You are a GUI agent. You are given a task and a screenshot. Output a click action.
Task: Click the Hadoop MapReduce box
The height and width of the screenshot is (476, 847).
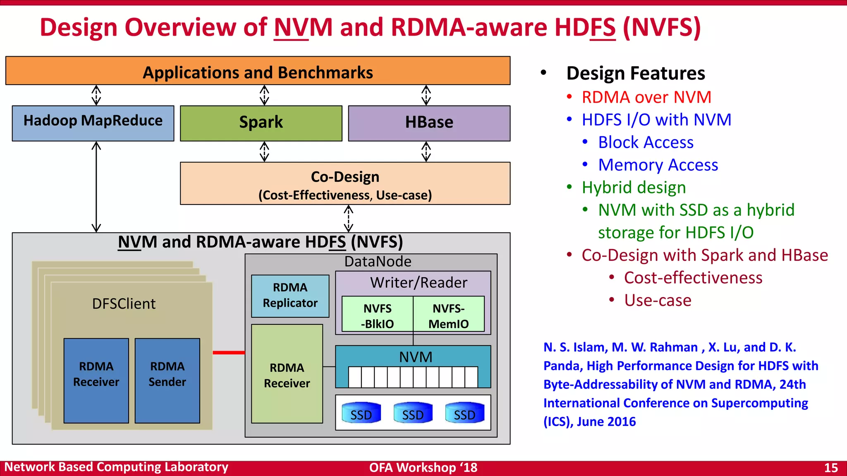pyautogui.click(x=93, y=123)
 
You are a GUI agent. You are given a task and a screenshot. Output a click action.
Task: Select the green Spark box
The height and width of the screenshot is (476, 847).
pyautogui.click(x=261, y=123)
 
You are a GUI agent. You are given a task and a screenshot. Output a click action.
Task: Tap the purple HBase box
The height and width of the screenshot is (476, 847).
pyautogui.click(x=429, y=123)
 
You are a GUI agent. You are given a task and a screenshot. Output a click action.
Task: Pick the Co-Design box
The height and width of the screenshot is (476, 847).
pyautogui.click(x=345, y=183)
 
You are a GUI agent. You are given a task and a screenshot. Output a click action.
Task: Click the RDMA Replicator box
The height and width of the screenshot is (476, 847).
pyautogui.click(x=290, y=296)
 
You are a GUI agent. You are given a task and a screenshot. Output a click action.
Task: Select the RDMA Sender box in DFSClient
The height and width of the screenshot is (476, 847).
pyautogui.click(x=167, y=381)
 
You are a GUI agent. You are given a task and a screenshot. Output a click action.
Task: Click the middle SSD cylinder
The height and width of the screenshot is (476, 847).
pyautogui.click(x=413, y=413)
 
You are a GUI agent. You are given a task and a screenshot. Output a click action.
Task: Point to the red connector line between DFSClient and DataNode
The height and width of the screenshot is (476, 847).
pyautogui.click(x=229, y=352)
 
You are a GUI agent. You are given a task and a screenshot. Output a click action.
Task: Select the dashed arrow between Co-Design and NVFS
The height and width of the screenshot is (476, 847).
pyautogui.click(x=349, y=219)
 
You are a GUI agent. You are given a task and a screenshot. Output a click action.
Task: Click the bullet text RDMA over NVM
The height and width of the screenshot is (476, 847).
pyautogui.click(x=646, y=98)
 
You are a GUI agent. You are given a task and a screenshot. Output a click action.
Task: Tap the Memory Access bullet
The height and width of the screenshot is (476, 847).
pyautogui.click(x=658, y=165)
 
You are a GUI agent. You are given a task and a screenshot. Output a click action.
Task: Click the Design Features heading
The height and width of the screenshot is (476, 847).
pyautogui.click(x=635, y=73)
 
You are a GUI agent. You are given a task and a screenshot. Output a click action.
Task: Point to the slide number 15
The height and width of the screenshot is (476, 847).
pyautogui.click(x=830, y=468)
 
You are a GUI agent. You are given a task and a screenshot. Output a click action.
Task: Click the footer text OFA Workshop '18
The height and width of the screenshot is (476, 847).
pyautogui.click(x=423, y=468)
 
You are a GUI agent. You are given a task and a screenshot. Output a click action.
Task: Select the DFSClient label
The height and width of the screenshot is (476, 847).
pyautogui.click(x=124, y=304)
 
